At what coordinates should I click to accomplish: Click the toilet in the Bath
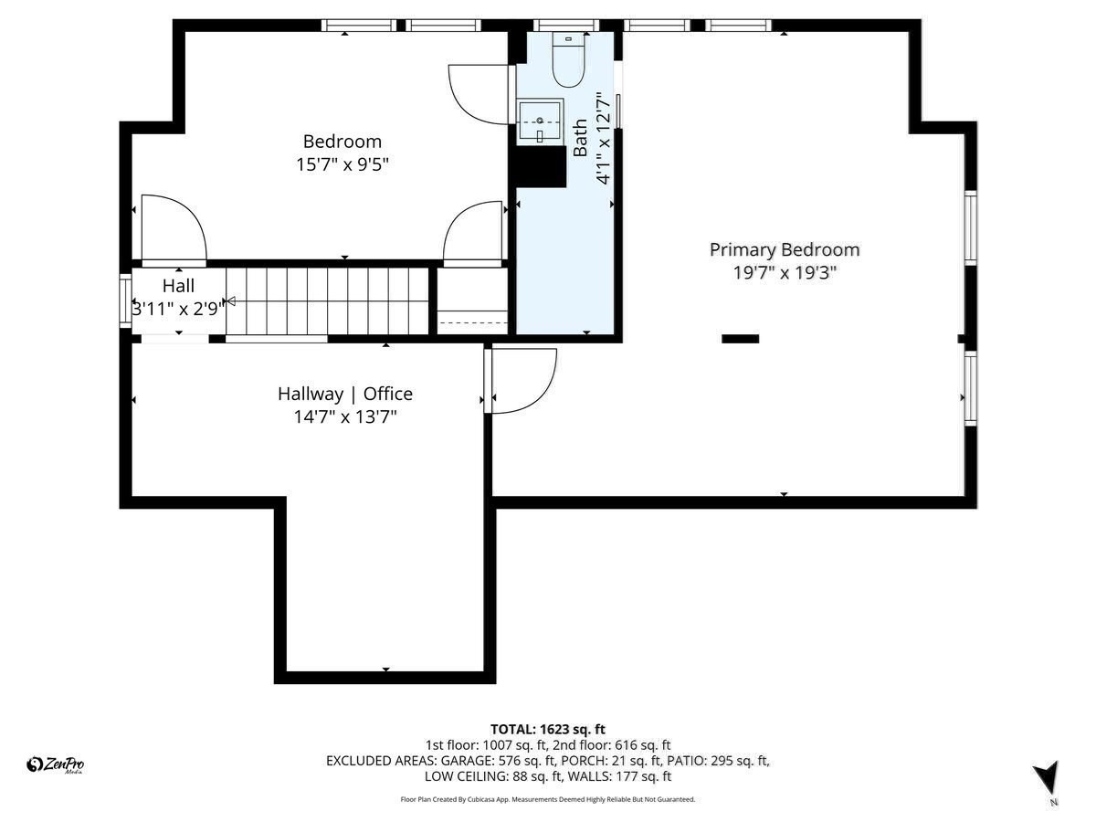click(x=568, y=62)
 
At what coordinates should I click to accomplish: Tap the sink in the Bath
click(x=542, y=121)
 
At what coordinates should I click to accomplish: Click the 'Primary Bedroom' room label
click(x=785, y=249)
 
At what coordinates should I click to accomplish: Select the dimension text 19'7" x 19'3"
click(x=785, y=272)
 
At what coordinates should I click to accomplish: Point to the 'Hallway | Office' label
click(x=345, y=394)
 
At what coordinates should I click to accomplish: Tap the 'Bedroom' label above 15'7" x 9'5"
click(x=342, y=142)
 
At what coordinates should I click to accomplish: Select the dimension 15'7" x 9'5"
click(x=342, y=165)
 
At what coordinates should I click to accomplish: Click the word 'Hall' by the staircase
click(x=178, y=286)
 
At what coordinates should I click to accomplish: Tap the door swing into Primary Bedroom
click(x=524, y=380)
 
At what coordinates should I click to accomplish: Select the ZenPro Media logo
click(x=56, y=765)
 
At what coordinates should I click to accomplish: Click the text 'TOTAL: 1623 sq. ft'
click(x=548, y=729)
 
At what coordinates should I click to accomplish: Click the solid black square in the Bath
click(x=541, y=167)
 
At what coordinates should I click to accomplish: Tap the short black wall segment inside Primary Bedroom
click(x=740, y=339)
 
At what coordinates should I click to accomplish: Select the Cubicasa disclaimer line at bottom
click(x=548, y=799)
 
